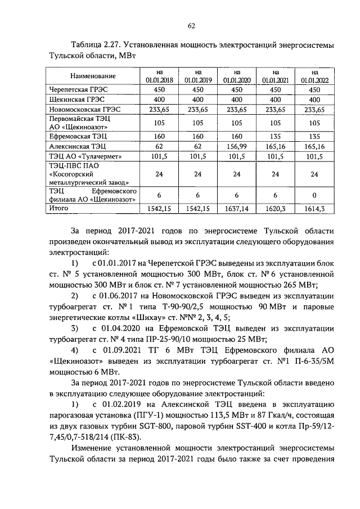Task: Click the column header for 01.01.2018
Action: (x=159, y=76)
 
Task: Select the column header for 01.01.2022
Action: (x=314, y=76)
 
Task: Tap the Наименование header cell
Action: (x=93, y=76)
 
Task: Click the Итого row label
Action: (x=60, y=208)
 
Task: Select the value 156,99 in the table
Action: (x=237, y=146)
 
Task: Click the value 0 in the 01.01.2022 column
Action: (x=314, y=195)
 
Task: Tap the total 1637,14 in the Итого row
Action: (x=237, y=209)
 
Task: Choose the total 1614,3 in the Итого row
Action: (x=314, y=209)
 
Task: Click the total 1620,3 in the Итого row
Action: (x=276, y=209)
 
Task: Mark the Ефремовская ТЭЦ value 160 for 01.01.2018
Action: (x=159, y=136)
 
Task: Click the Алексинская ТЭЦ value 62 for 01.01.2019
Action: (x=197, y=146)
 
